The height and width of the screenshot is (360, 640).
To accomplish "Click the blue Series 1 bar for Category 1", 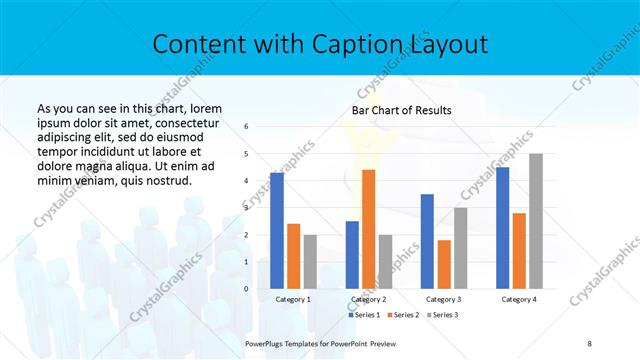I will tap(277, 231).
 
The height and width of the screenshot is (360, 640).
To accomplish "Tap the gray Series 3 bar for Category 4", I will tap(536, 221).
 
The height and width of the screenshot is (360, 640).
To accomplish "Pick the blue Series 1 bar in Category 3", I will tap(427, 241).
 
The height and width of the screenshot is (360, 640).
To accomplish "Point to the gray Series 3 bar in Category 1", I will tap(310, 262).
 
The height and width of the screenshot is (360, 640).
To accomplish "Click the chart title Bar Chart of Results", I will tap(401, 110).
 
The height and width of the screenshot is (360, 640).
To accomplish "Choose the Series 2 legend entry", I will tap(403, 315).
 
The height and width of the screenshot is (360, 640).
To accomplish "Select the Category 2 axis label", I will tap(368, 299).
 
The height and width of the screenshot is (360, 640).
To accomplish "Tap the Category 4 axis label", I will tap(518, 299).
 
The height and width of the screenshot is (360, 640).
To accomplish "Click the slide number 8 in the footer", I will tap(590, 342).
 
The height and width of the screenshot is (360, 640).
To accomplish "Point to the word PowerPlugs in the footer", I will tap(266, 342).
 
